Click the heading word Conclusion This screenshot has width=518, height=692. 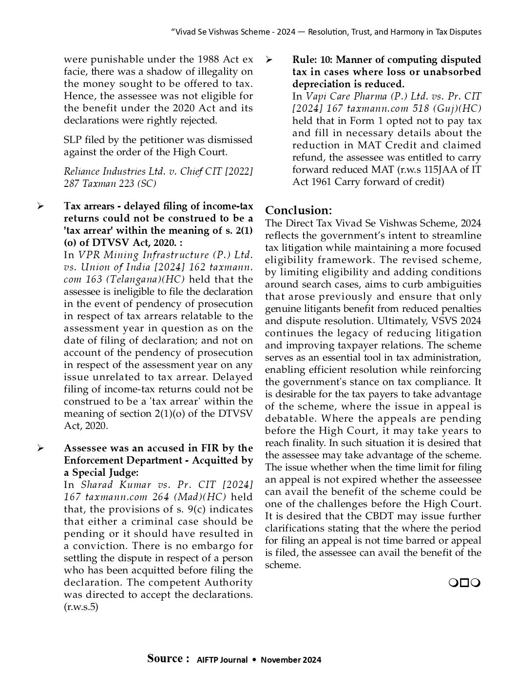pos(298,210)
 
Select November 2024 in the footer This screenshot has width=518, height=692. pos(291,660)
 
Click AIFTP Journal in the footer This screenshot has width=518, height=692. pos(222,660)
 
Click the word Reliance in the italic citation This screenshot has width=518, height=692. pos(80,171)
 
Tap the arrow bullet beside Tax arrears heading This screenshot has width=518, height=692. pos(40,206)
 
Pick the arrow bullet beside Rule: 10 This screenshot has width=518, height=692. pos(269,60)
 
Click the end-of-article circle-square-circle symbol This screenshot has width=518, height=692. pos(464,583)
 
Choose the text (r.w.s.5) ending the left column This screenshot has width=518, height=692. pos(81,607)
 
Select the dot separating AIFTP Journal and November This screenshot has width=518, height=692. pos(254,660)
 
